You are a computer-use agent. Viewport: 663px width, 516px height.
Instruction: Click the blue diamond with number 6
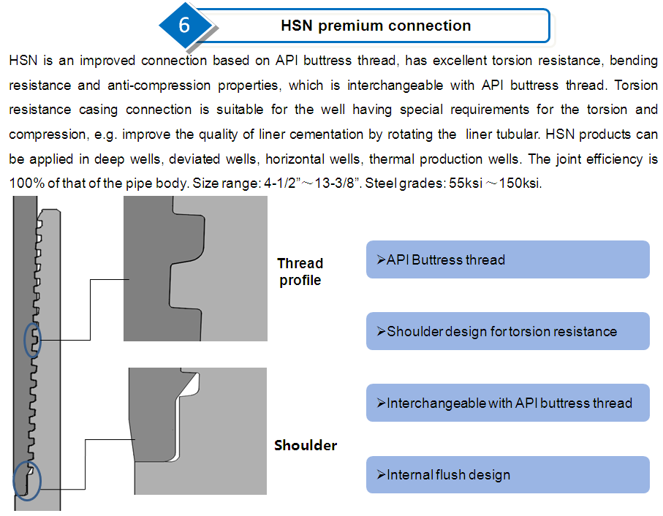pyautogui.click(x=184, y=25)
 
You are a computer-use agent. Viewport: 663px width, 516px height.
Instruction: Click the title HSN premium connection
pyautogui.click(x=376, y=26)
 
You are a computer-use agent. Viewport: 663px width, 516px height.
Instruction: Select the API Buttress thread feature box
pyautogui.click(x=508, y=259)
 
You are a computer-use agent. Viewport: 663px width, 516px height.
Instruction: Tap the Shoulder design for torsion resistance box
pyautogui.click(x=508, y=331)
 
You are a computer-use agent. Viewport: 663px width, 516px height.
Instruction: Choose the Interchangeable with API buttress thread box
pyautogui.click(x=508, y=403)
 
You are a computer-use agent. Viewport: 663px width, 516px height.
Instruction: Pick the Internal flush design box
pyautogui.click(x=508, y=474)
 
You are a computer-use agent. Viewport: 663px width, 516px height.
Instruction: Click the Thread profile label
pyautogui.click(x=300, y=272)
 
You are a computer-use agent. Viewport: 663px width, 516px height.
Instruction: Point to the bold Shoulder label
pyautogui.click(x=306, y=445)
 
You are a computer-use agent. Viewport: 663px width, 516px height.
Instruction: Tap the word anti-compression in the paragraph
pyautogui.click(x=159, y=86)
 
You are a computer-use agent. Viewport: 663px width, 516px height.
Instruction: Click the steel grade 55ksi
pyautogui.click(x=466, y=183)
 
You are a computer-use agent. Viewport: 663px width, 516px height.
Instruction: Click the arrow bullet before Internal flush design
pyautogui.click(x=381, y=474)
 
